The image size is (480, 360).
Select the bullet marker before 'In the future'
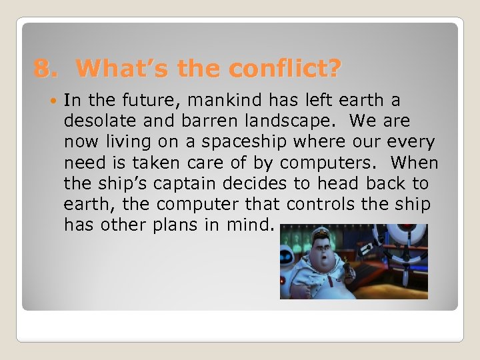[53, 101]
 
